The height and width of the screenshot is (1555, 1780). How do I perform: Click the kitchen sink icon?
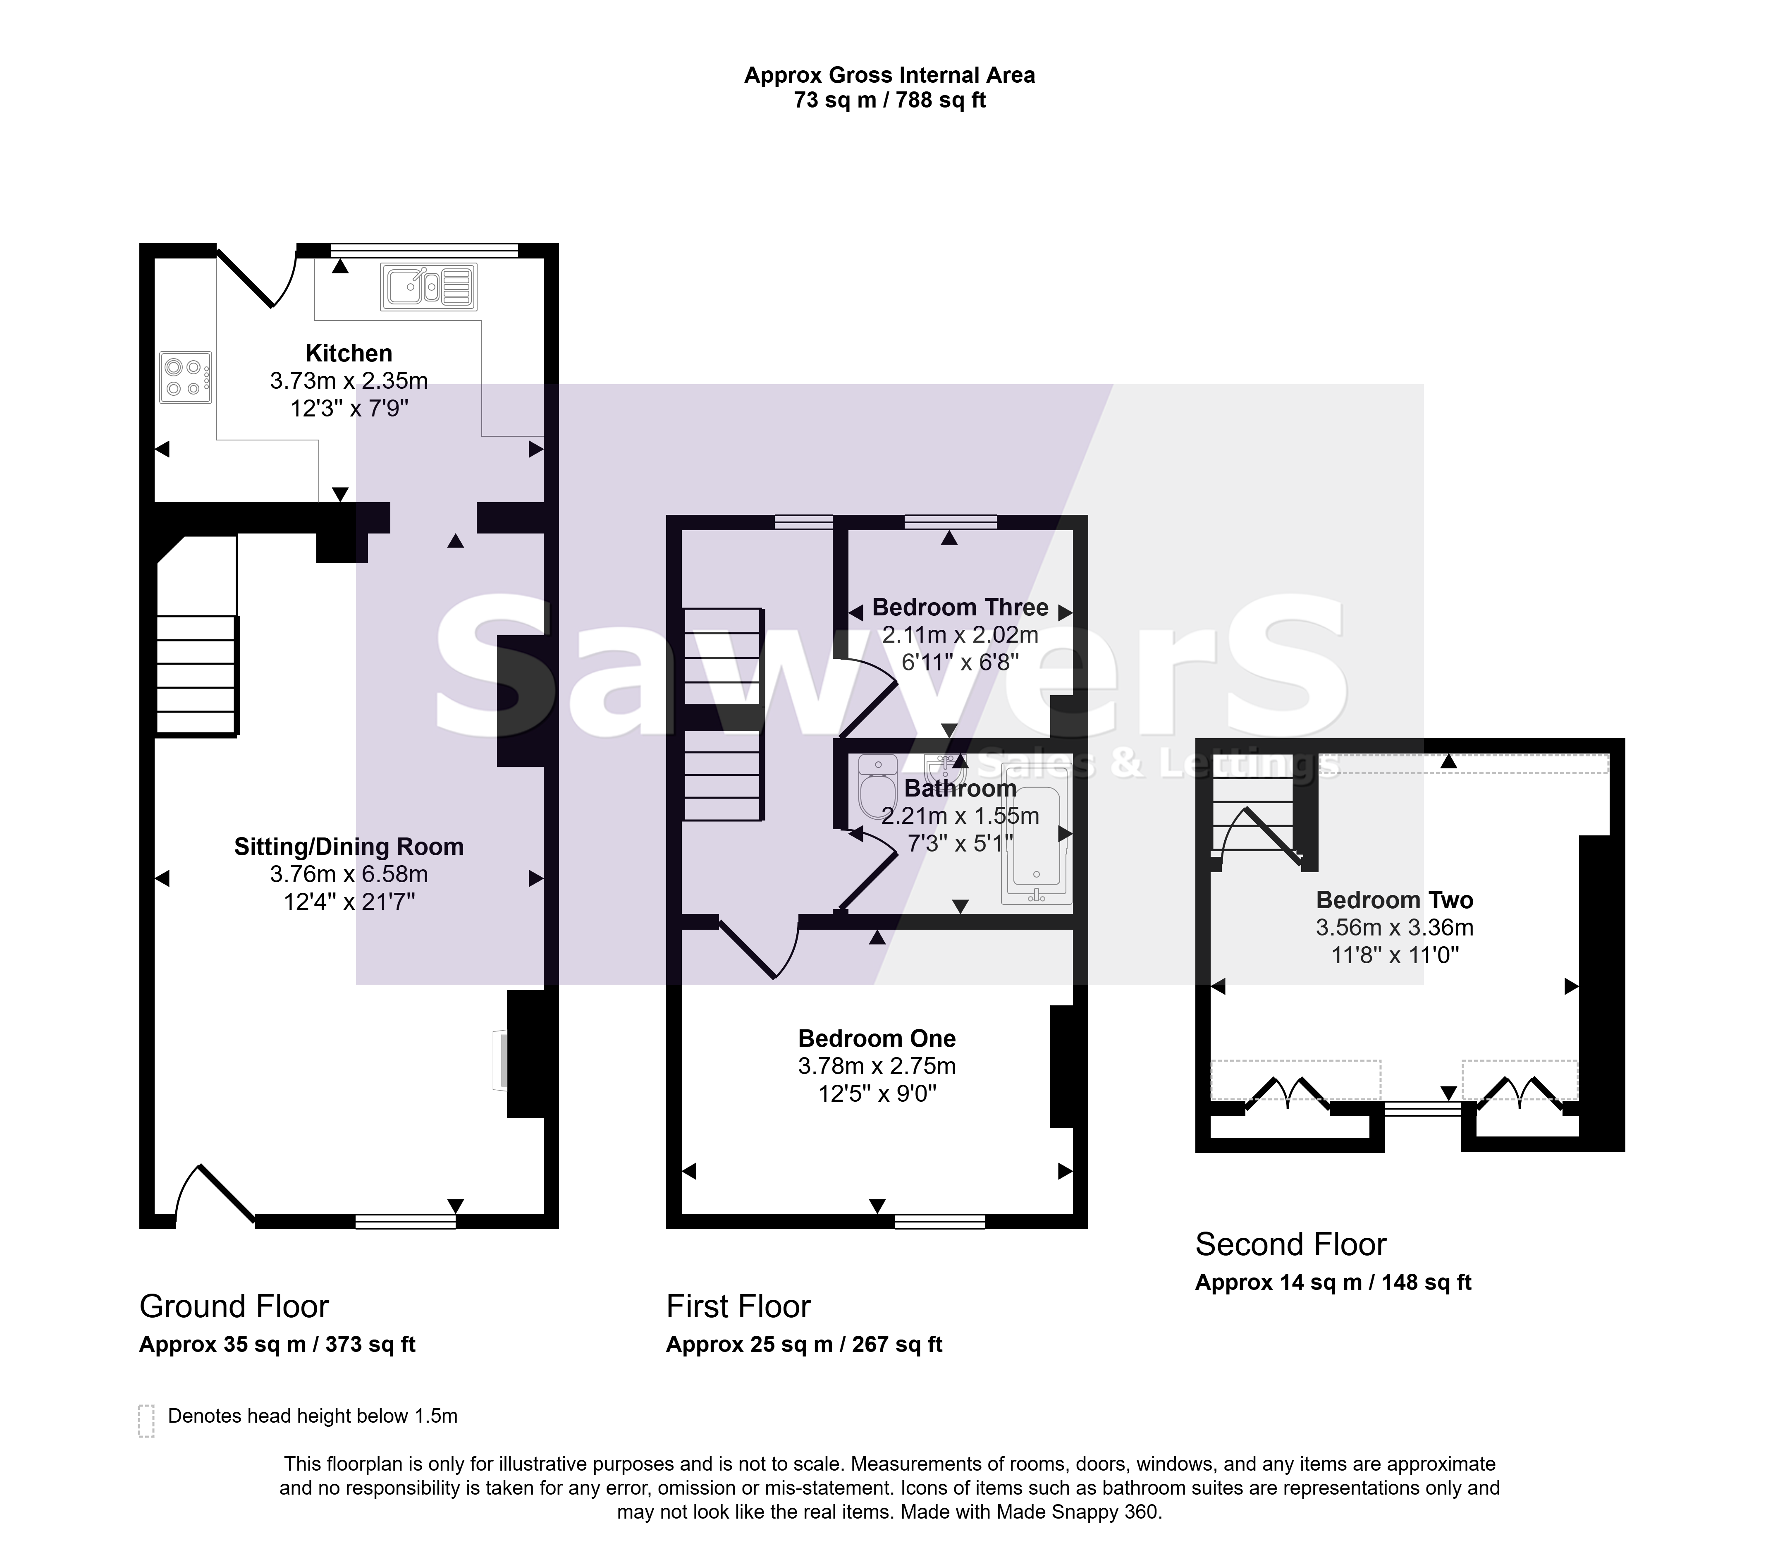[428, 287]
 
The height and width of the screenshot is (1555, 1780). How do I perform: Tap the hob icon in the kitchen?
[186, 378]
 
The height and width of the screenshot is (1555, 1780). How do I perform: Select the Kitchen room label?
[349, 353]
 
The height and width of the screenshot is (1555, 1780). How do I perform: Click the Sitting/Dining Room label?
[349, 847]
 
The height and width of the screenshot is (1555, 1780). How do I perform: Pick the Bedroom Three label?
[960, 608]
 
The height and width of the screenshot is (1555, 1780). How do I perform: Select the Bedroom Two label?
[1395, 900]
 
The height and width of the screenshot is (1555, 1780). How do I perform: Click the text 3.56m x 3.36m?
[1395, 928]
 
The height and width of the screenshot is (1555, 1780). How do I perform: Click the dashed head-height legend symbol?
[146, 1421]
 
